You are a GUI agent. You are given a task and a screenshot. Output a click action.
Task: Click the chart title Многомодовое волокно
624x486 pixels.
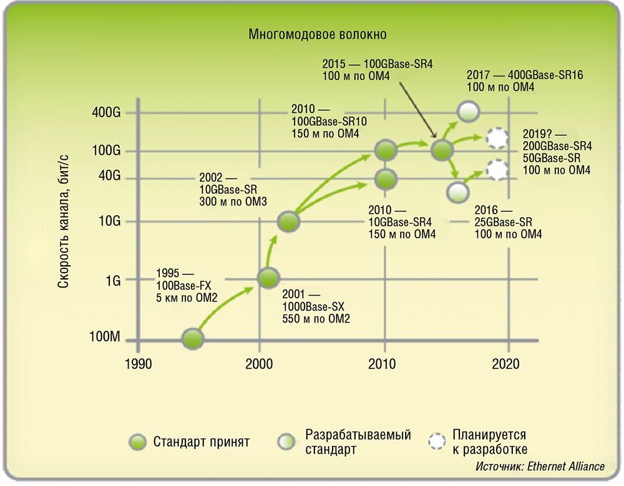[x=317, y=34]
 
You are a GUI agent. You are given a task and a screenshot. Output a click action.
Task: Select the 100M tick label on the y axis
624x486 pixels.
[x=104, y=338]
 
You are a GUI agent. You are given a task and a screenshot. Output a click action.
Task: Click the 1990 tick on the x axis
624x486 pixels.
[x=137, y=364]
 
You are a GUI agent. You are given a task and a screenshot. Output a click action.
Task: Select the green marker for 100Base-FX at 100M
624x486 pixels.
[x=193, y=339]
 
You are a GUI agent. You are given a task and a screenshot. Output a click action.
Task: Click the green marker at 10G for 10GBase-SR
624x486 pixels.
[x=288, y=221]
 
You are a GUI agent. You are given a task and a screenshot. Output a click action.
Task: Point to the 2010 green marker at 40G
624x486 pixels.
[x=386, y=179]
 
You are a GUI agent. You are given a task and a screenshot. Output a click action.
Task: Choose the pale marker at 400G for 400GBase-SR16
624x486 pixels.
[x=468, y=112]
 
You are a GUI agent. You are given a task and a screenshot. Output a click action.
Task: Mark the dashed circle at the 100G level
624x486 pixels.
[x=497, y=138]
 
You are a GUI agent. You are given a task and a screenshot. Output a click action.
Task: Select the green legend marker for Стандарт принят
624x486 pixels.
[x=137, y=442]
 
